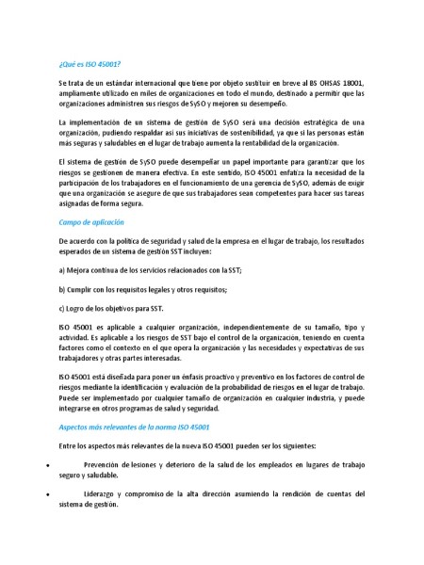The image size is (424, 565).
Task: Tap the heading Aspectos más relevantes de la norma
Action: (x=126, y=427)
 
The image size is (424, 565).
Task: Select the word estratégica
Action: (x=307, y=123)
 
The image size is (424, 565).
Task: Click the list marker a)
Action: (x=62, y=270)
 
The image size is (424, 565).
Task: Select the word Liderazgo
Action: (x=102, y=494)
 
